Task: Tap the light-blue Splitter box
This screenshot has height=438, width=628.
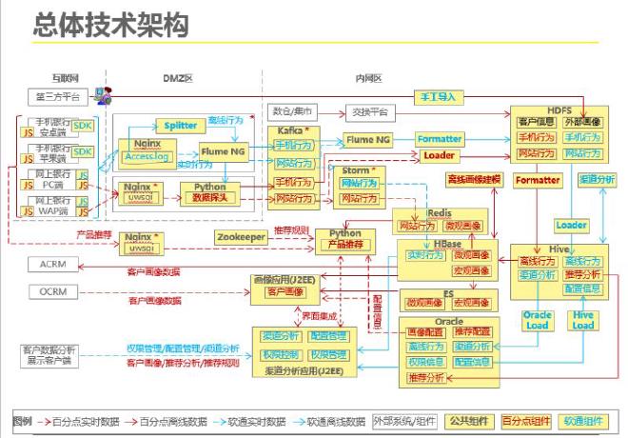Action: [x=181, y=126]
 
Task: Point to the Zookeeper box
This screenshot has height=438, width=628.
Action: [x=240, y=235]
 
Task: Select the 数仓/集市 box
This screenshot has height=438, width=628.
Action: [x=294, y=110]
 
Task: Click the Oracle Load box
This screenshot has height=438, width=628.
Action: [x=537, y=320]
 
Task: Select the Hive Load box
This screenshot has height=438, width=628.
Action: [x=583, y=320]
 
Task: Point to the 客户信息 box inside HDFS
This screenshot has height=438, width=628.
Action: [x=536, y=122]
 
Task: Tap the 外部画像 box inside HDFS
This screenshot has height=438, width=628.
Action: [x=582, y=122]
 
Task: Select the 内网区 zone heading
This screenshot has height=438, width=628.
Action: [x=367, y=77]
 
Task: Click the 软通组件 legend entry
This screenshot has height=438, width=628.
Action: [x=587, y=420]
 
